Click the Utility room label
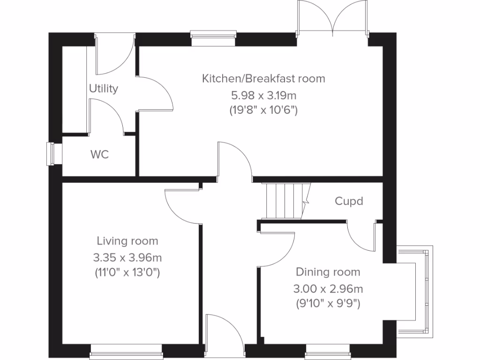pyautogui.click(x=104, y=88)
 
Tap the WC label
pyautogui.click(x=99, y=154)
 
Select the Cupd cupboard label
pyautogui.click(x=349, y=201)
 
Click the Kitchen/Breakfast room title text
pyautogui.click(x=263, y=78)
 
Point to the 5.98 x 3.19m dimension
pyautogui.click(x=263, y=95)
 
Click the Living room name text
pyautogui.click(x=127, y=241)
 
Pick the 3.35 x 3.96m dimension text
pyautogui.click(x=127, y=257)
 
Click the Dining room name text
pyautogui.click(x=328, y=272)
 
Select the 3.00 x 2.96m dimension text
pyautogui.click(x=328, y=288)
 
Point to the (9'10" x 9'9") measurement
pyautogui.click(x=328, y=304)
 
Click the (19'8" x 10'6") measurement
pyautogui.click(x=263, y=111)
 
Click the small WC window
pyautogui.click(x=50, y=154)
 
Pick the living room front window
pyautogui.click(x=127, y=349)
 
